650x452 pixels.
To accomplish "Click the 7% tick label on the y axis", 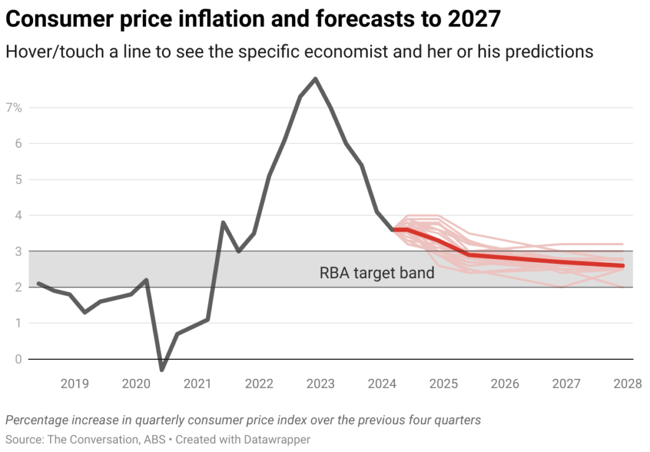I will tap(14, 107).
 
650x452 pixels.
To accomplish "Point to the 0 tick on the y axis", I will tap(18, 359).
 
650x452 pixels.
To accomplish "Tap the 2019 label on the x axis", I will tap(74, 384).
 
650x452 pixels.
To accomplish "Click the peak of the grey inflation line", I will tap(315, 79).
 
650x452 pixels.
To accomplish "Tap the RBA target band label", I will tap(377, 274).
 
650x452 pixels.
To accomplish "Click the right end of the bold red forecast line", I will tap(623, 265).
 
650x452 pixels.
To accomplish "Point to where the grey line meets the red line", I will tap(394, 229).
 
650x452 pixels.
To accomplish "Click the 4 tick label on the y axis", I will tap(18, 216).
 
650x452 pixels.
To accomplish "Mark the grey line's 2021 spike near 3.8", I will tap(223, 222).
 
